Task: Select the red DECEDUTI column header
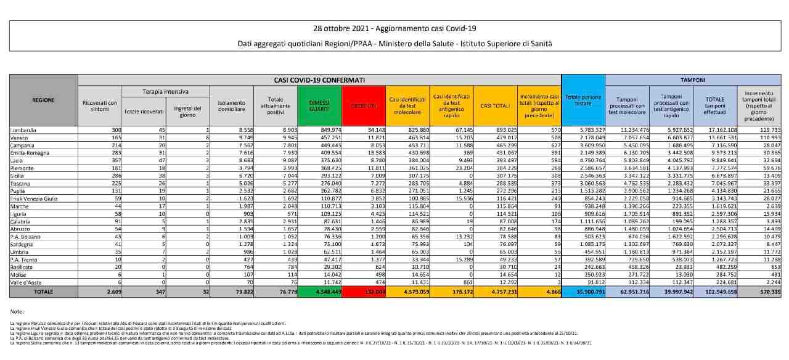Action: pos(364,105)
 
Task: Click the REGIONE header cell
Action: pos(44,100)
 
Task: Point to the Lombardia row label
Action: pos(25,131)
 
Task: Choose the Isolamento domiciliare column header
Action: pos(231,105)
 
